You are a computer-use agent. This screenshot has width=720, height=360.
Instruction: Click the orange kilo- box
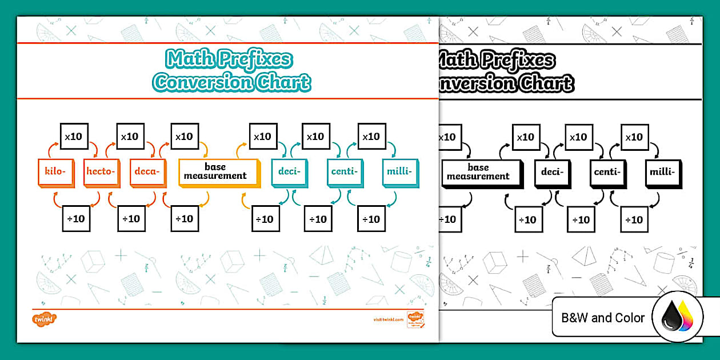pyautogui.click(x=55, y=171)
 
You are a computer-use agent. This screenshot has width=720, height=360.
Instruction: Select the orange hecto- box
pyautogui.click(x=101, y=171)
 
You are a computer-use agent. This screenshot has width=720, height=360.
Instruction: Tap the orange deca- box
pyautogui.click(x=147, y=171)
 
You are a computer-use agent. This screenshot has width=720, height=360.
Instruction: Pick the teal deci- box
pyautogui.click(x=289, y=171)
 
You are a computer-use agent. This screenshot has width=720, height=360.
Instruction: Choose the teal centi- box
pyautogui.click(x=344, y=171)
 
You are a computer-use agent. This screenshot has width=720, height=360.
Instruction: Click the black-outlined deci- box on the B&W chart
pyautogui.click(x=552, y=171)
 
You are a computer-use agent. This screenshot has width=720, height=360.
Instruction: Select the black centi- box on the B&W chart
pyautogui.click(x=607, y=171)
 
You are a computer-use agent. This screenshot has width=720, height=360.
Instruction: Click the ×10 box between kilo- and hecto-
pyautogui.click(x=74, y=137)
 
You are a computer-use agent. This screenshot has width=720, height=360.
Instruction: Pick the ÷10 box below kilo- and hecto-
pyautogui.click(x=75, y=218)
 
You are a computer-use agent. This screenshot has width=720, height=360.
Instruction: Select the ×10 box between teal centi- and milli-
pyautogui.click(x=371, y=137)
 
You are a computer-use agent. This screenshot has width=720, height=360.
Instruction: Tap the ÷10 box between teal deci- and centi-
pyautogui.click(x=318, y=219)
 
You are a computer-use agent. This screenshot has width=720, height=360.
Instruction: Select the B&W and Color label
pyautogui.click(x=603, y=318)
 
